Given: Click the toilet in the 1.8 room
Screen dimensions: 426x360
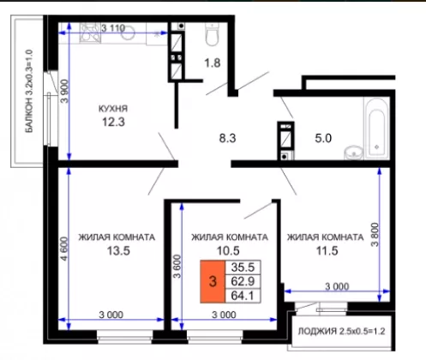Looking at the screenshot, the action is pos(213,34).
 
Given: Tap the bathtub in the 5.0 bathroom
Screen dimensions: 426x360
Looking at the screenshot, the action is pos(376,128).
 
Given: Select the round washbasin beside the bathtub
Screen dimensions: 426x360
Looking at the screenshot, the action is pos(354,153).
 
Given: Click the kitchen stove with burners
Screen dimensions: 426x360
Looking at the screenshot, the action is pos(90,33).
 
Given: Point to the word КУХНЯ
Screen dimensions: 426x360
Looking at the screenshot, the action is pos(113,109).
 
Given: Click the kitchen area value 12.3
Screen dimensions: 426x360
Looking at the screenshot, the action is pos(113,122).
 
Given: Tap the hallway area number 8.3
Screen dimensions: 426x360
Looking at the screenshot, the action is pos(227,138).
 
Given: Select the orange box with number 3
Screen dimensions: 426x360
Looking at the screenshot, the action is pos(213,281).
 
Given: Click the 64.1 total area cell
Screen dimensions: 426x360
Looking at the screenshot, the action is pos(243,296).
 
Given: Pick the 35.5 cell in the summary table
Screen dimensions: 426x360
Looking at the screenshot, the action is pos(243,267).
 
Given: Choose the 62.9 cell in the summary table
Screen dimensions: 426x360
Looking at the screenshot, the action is pos(243,281).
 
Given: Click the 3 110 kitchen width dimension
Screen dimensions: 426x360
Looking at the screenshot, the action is pos(113,28).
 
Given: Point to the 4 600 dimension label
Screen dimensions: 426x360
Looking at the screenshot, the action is pos(64,249).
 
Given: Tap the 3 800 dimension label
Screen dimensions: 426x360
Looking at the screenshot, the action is pos(375,235).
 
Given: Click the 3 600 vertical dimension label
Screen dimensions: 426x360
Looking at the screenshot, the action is pos(177,267).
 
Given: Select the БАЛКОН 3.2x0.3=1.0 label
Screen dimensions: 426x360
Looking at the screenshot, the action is pos(29,91).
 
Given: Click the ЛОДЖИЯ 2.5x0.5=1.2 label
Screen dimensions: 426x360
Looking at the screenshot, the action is pos(341,332).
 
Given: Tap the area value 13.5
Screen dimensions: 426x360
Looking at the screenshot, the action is pos(118,251).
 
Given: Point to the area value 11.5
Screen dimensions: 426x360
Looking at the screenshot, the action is pos(327,251).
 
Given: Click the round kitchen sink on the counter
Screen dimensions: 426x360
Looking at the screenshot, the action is pos(128,33).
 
